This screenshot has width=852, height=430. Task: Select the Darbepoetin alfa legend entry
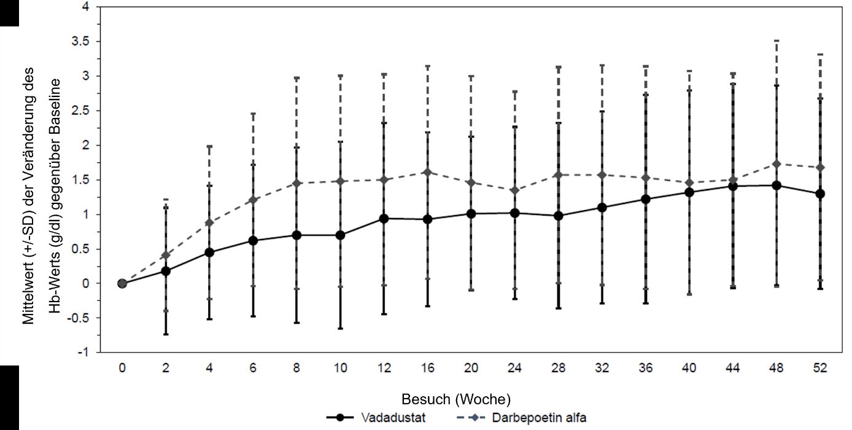(x=538, y=418)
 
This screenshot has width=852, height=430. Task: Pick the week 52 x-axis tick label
(x=820, y=369)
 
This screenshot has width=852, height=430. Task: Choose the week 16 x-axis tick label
(x=428, y=369)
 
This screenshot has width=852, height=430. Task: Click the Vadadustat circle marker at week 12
(x=384, y=218)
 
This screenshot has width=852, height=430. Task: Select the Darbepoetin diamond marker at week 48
(x=776, y=164)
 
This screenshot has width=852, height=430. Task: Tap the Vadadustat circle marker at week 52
(x=820, y=193)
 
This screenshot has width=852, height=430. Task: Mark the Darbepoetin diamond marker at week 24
(x=515, y=190)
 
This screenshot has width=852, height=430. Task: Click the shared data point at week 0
(x=122, y=283)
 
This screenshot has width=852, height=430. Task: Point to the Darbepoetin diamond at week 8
(x=297, y=183)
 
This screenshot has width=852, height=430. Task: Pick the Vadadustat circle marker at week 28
(x=559, y=216)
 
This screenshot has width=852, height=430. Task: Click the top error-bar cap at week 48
(x=776, y=41)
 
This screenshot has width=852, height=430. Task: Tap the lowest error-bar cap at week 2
(x=166, y=334)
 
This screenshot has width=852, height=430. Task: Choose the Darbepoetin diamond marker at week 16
(x=428, y=172)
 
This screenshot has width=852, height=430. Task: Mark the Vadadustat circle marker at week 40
(x=689, y=192)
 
